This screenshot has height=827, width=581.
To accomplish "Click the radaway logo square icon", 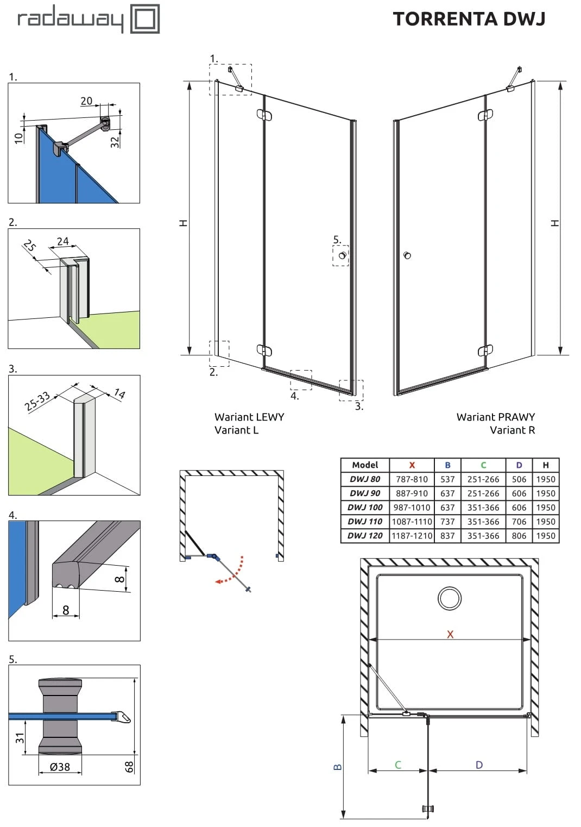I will (145, 20).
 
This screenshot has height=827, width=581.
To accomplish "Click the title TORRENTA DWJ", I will (469, 19).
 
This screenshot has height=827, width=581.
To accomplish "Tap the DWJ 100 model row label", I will (365, 508).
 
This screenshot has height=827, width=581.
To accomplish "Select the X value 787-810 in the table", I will (412, 479).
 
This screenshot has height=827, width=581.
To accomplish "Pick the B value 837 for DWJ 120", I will (447, 536).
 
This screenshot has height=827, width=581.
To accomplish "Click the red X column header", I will (412, 465).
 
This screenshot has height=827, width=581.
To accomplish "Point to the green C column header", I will (483, 465).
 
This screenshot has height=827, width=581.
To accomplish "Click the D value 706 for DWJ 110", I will (519, 522).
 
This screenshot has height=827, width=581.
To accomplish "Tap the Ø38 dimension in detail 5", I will (60, 767).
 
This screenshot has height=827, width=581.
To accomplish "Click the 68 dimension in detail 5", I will (129, 767).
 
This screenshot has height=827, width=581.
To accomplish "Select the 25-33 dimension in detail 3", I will (37, 402).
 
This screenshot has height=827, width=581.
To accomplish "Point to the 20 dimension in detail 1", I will (86, 101).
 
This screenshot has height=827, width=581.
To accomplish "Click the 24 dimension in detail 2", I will (63, 241).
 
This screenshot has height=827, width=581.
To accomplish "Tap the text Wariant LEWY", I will (249, 417).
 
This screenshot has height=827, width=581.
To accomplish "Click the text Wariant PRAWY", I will (495, 417).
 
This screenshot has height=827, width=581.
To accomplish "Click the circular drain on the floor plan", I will (450, 598).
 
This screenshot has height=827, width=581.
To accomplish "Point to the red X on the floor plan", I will (450, 634).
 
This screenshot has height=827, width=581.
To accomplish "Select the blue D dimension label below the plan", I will (479, 765).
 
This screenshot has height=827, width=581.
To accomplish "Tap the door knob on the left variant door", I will (342, 255).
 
